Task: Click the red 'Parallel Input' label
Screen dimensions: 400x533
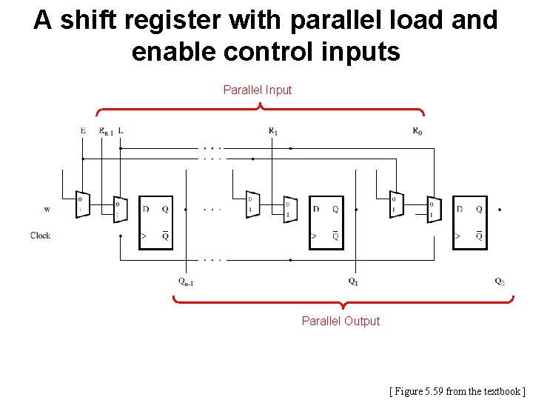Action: pyautogui.click(x=258, y=90)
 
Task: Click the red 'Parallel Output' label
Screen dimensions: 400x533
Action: pyautogui.click(x=341, y=321)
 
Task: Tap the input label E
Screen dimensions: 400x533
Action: pyautogui.click(x=83, y=130)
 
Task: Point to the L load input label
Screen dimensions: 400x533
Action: pyautogui.click(x=121, y=130)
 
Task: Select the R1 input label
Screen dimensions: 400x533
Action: pyautogui.click(x=272, y=131)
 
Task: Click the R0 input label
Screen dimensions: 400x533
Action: pyautogui.click(x=418, y=131)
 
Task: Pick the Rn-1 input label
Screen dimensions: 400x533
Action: pyautogui.click(x=107, y=131)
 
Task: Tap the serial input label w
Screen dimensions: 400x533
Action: pyautogui.click(x=47, y=209)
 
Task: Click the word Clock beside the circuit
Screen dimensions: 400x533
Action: pyautogui.click(x=41, y=235)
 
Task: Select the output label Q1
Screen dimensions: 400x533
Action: pyautogui.click(x=354, y=281)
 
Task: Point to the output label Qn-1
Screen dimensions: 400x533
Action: pyautogui.click(x=185, y=281)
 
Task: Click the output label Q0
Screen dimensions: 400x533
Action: pyautogui.click(x=500, y=281)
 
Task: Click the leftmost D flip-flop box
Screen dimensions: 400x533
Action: pyautogui.click(x=156, y=222)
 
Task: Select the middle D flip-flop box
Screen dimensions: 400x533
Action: pyautogui.click(x=326, y=222)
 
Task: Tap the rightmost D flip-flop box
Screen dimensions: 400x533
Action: pyautogui.click(x=469, y=222)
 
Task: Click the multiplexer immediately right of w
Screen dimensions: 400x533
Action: pyautogui.click(x=82, y=204)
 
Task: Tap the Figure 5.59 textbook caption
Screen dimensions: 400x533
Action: pyautogui.click(x=457, y=390)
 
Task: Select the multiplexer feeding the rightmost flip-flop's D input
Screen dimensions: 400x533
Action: pyautogui.click(x=433, y=210)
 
